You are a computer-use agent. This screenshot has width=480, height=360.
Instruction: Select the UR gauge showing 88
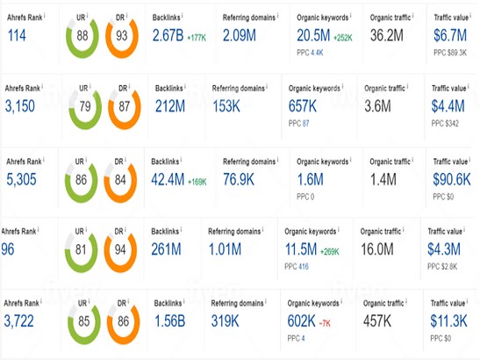coord(81,34)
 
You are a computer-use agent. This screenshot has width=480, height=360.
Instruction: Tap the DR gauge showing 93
coord(121,34)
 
